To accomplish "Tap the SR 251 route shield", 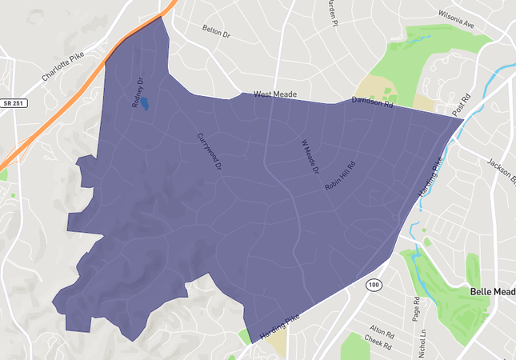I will tap(12, 103).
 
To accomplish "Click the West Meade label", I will tap(275, 94).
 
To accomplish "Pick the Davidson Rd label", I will tap(373, 102).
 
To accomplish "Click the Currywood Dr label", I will tap(209, 153).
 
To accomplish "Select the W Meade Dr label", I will tap(310, 158).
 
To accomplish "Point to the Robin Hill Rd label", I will tap(340, 175).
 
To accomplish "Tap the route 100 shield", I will tap(374, 284).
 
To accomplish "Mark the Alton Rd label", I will tap(378, 329).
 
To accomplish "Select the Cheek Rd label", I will tap(378, 345).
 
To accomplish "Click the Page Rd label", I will tap(416, 310).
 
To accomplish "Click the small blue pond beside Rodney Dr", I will tap(145, 105).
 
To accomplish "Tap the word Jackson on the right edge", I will tap(501, 170).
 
